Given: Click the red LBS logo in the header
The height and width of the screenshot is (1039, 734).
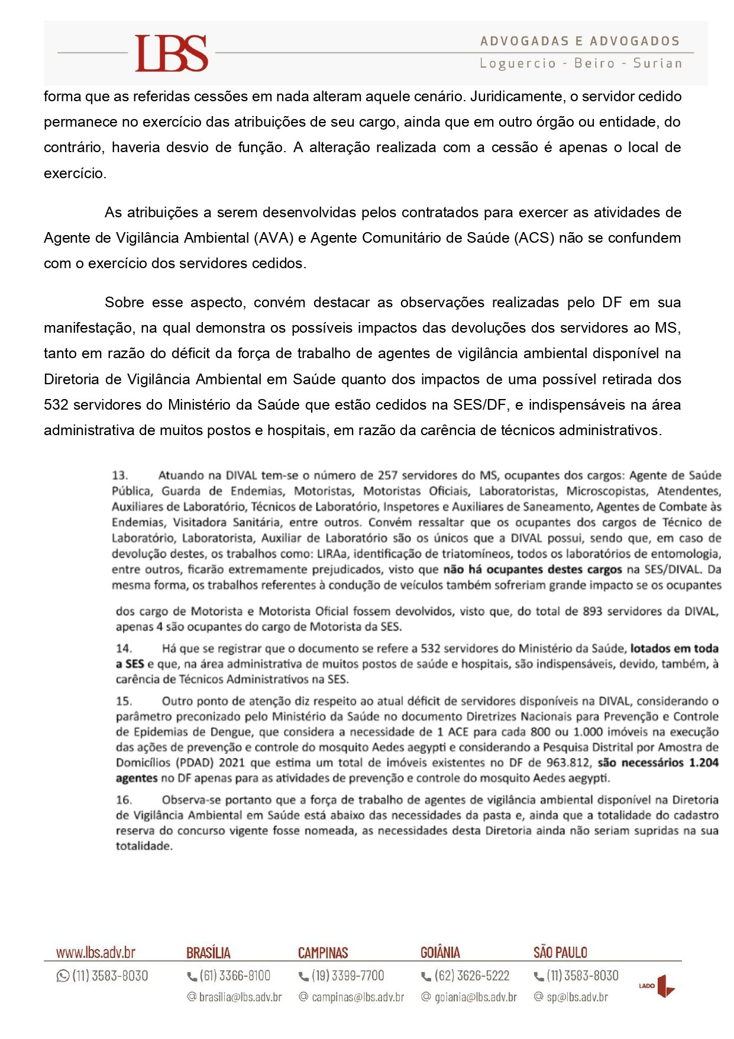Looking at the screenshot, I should click(x=172, y=53).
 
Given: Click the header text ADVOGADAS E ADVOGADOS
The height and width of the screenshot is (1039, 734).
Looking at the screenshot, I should click(x=580, y=41).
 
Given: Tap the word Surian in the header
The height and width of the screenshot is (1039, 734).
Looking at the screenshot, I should click(x=657, y=63).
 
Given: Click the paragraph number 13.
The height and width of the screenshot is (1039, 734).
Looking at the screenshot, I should click(x=120, y=475).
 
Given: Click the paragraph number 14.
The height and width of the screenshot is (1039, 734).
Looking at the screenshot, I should click(x=124, y=648).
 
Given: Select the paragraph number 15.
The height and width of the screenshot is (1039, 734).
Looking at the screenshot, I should click(x=124, y=701).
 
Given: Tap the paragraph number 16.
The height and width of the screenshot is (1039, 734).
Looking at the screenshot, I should click(x=124, y=800).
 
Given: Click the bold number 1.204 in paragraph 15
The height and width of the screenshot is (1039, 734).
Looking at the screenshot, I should click(x=703, y=763).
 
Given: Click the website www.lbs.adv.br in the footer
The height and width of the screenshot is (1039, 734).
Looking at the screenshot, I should click(x=96, y=953).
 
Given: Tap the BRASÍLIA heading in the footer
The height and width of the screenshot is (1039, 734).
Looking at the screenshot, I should click(x=208, y=953).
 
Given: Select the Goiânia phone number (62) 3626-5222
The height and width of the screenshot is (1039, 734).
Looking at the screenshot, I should click(x=471, y=976).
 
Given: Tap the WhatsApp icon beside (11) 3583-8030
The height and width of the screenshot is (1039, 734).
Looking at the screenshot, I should click(x=63, y=976).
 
